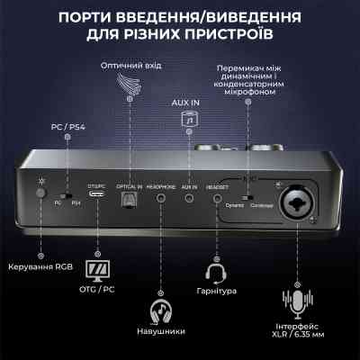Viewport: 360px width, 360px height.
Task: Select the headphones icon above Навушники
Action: coord(161,310)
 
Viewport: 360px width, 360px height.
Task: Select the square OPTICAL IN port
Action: coord(126,201)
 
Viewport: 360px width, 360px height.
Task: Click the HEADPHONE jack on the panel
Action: coord(160,201)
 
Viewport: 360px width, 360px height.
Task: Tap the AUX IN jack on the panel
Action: coord(189,200)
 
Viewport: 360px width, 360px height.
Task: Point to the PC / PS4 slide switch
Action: coord(65,195)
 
